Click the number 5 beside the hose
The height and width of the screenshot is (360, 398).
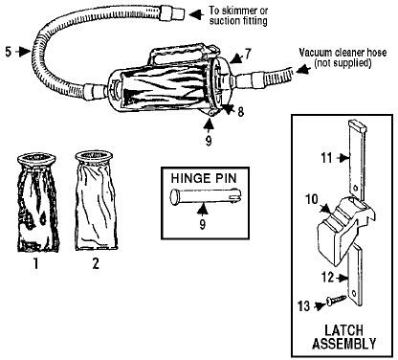(9, 52)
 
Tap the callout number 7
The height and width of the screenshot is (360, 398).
(248, 54)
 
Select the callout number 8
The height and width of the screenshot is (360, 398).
(241, 111)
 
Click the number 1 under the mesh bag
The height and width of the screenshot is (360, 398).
(35, 263)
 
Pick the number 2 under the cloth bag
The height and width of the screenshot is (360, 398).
(96, 263)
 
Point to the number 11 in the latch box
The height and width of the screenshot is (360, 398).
(326, 158)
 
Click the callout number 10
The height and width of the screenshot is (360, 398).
(312, 199)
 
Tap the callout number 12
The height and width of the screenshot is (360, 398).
(328, 277)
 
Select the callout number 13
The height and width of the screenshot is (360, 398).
(304, 306)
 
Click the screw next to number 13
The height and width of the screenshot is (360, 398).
(337, 300)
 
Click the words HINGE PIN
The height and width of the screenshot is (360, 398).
(204, 178)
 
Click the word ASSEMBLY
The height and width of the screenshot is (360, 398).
(344, 344)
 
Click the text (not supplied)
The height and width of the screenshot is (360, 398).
(343, 62)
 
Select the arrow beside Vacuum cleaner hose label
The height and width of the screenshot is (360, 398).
(302, 69)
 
